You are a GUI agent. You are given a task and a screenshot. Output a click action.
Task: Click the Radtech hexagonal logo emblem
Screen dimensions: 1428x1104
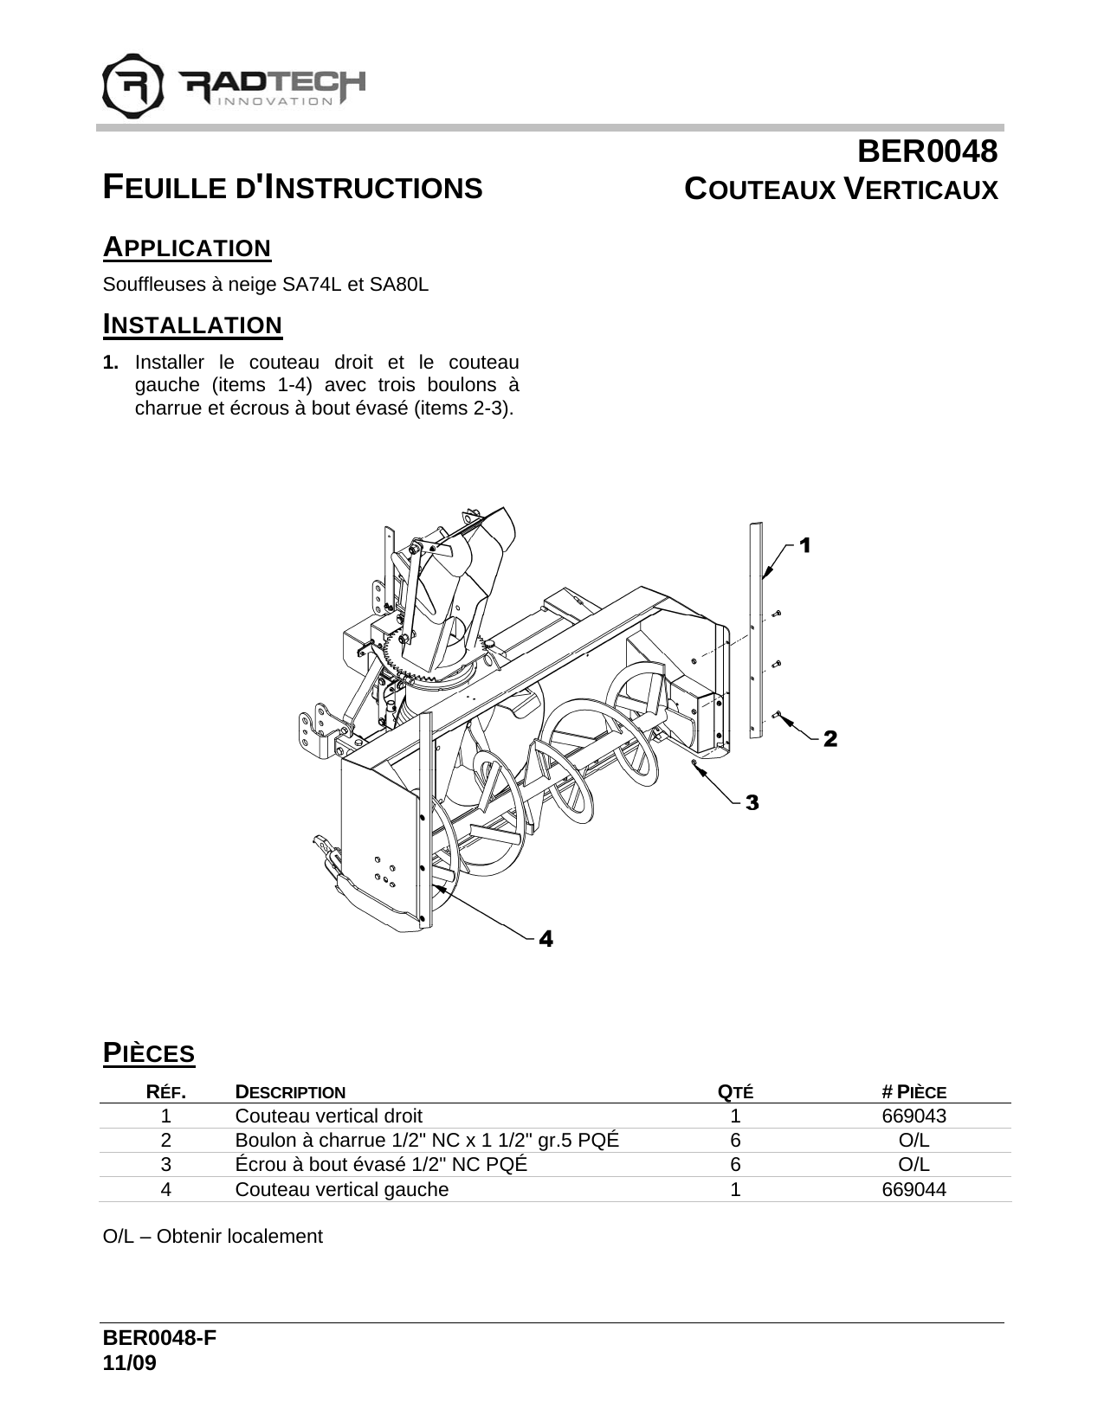133,86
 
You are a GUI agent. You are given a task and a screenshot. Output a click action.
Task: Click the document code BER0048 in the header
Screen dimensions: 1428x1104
926,153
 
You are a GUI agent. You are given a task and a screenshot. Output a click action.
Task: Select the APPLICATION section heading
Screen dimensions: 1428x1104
187,248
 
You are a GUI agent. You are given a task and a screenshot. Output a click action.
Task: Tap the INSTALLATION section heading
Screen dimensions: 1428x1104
192,325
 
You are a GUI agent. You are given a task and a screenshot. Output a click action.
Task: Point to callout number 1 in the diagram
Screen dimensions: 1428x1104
804,545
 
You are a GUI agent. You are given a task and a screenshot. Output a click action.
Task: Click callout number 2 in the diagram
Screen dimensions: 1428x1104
830,739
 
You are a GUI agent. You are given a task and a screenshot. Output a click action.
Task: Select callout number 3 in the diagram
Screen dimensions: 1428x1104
752,803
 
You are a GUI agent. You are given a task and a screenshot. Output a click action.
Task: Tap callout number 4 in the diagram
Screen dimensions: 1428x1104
546,938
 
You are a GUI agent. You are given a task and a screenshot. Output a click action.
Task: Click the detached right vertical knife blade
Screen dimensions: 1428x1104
757,632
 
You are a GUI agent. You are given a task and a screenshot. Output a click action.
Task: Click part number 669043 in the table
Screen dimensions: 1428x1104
914,1116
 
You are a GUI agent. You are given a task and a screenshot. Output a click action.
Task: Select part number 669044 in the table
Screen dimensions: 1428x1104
914,1189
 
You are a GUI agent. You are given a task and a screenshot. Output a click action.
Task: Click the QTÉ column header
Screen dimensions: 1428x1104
736,1092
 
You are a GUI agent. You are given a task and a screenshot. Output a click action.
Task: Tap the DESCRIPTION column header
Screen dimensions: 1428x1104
290,1092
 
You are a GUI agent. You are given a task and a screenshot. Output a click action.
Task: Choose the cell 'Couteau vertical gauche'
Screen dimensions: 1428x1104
342,1189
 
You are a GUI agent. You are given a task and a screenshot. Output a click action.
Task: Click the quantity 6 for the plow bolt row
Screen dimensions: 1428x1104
735,1140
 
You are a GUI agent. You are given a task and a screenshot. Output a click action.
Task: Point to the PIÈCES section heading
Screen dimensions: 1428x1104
149,1053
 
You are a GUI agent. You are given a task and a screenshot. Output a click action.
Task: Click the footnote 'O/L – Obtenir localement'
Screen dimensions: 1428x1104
212,1236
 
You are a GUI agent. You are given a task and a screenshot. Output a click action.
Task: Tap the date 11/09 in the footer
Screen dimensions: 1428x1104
130,1363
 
